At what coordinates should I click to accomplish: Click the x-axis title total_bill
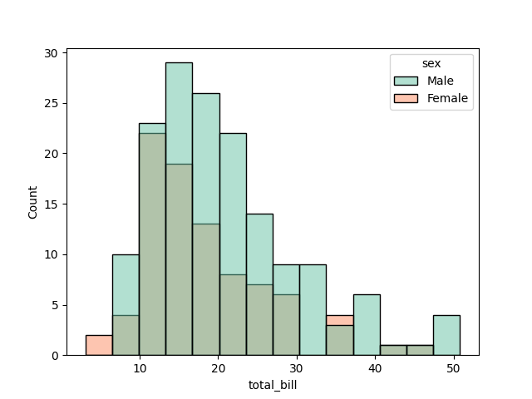click(273, 385)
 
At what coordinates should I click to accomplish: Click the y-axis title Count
click(33, 202)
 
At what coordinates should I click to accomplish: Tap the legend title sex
click(431, 64)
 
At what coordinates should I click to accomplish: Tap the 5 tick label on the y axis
click(55, 305)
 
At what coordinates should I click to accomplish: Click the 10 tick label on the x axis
click(140, 368)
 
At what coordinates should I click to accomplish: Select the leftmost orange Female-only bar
click(99, 345)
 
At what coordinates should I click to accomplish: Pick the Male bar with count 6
click(367, 325)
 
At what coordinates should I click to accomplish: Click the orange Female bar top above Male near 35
click(340, 320)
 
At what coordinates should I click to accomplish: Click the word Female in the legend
click(447, 98)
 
